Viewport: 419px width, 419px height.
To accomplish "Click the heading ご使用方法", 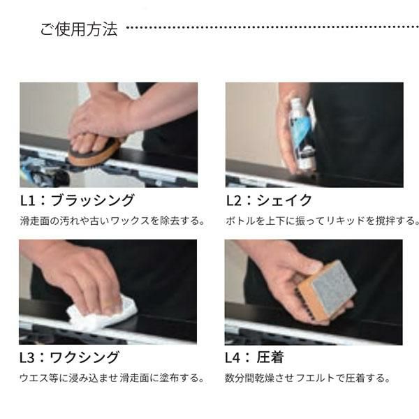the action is pos(79,29).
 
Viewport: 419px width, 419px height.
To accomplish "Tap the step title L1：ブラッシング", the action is pos(77,200).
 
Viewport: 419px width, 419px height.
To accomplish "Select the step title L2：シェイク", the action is pos(269,200).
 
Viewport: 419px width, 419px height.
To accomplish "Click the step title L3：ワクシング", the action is pos(69,358).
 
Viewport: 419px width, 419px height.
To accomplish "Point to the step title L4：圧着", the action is pos(254,358).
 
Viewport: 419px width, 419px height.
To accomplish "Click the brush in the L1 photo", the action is pos(94,153).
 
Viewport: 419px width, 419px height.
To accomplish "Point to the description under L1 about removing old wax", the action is pos(112,221).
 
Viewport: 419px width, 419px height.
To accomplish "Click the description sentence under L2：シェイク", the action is pos(322,221).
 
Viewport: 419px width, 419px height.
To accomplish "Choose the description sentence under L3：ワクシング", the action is pos(112,378).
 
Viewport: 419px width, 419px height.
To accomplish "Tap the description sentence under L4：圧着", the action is pos(307,378).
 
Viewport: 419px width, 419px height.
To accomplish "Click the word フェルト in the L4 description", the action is pos(316,378).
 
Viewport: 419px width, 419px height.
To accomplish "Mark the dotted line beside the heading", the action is pos(272,27).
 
